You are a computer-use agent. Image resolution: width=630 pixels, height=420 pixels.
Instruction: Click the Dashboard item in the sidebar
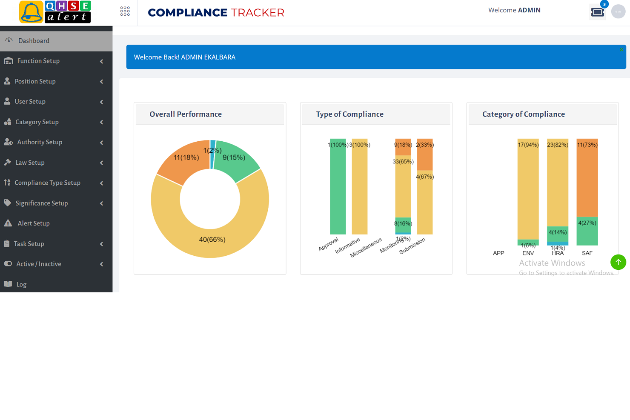coord(34,41)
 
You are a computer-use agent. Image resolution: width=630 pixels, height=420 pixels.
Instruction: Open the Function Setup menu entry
coord(38,61)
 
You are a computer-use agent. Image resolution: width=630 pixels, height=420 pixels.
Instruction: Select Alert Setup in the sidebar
coord(34,223)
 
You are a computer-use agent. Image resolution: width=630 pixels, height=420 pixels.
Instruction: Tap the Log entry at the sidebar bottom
coord(21,284)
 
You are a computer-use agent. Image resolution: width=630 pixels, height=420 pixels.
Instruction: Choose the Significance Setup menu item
coord(41,203)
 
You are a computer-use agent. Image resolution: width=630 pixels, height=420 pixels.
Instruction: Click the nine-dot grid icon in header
coord(125,11)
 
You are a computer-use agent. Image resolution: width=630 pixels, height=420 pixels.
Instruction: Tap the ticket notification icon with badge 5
coord(597,12)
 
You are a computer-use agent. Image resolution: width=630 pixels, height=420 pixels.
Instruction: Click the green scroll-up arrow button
coord(618,262)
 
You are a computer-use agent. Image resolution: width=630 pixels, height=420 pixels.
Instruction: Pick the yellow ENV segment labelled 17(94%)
coord(528,191)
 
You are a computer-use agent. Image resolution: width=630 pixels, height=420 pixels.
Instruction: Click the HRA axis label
coord(558,253)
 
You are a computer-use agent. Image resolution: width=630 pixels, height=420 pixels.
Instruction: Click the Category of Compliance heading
coord(524,114)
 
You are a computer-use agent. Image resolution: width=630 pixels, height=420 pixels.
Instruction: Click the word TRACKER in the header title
coord(258,13)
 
